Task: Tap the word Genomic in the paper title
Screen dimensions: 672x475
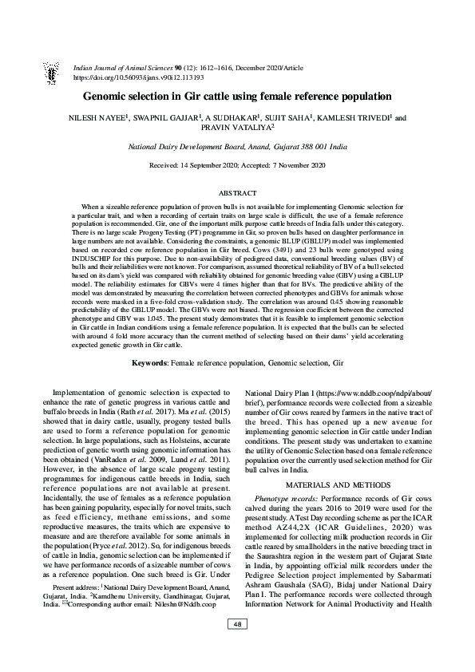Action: (129, 97)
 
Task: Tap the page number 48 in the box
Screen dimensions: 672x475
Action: (238, 645)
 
